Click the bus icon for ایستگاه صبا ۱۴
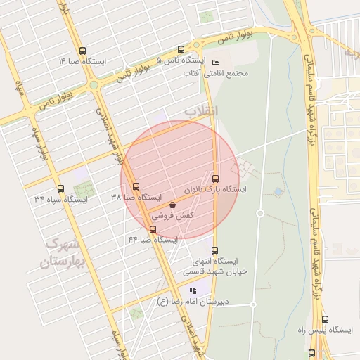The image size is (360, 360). (x=83, y=51)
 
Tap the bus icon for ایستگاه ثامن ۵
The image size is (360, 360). (x=181, y=50)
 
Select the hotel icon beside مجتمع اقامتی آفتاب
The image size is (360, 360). (x=215, y=62)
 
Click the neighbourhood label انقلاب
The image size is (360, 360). (x=202, y=111)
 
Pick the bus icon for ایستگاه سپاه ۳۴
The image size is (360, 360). (x=60, y=188)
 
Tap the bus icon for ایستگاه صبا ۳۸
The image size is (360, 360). (x=136, y=186)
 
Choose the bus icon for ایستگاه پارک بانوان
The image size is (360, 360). (x=215, y=179)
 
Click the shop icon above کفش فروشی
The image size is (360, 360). (x=172, y=205)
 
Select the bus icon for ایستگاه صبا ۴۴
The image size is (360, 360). (x=153, y=229)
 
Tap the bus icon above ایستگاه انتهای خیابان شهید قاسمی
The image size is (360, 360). (x=215, y=250)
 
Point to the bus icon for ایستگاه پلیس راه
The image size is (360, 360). (x=311, y=353)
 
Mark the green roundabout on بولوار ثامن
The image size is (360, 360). (x=94, y=85)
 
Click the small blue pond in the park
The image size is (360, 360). (x=279, y=191)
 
